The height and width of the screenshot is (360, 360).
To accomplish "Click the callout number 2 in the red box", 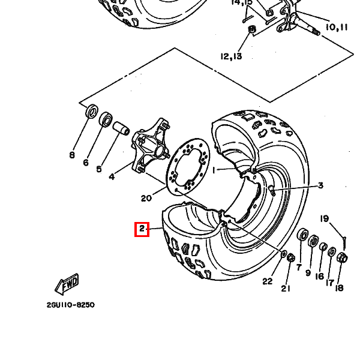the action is pos(142,229).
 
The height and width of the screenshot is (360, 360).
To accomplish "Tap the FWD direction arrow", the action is pos(67,284).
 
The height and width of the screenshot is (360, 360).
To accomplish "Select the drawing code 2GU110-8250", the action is pos(70,305).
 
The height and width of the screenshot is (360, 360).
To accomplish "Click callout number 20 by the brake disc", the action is pos(146,198).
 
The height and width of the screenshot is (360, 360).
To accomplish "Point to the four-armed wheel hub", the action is pos(151,147).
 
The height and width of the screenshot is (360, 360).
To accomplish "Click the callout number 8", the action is pos(72,155).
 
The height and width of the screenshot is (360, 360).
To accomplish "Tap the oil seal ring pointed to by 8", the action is pos(92,111).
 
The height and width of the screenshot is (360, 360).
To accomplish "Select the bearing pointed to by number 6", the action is pos(106,119).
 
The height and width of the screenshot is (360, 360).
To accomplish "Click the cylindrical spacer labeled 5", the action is pos(121,128).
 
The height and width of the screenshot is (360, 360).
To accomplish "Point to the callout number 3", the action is pos(320,185).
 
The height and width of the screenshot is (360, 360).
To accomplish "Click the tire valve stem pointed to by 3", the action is pos(272,190).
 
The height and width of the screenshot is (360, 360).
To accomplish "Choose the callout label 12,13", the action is pos(231,56).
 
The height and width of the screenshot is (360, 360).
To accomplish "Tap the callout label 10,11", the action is pos(337,28).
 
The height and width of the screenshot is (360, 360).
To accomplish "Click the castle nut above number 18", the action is pos(342,257).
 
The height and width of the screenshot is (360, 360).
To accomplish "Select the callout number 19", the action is pos(325,219).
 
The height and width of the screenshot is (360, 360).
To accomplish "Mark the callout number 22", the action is pos(268,281).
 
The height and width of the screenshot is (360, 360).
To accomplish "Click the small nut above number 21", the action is pos(291,257).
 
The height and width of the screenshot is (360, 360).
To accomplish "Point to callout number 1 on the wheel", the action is pos(214,170).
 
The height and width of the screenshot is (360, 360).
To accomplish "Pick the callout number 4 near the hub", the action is pos(112,177).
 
